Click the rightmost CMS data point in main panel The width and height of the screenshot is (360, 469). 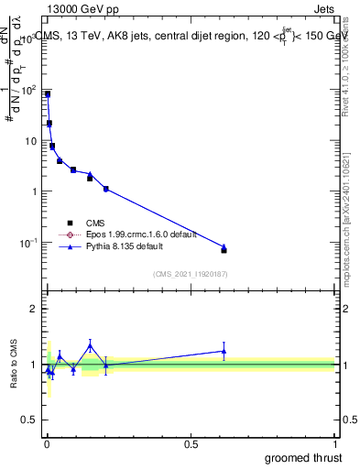pyautogui.click(x=224, y=249)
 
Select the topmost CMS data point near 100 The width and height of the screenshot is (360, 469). pyautogui.click(x=48, y=94)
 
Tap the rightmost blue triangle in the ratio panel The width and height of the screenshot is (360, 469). pyautogui.click(x=224, y=351)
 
